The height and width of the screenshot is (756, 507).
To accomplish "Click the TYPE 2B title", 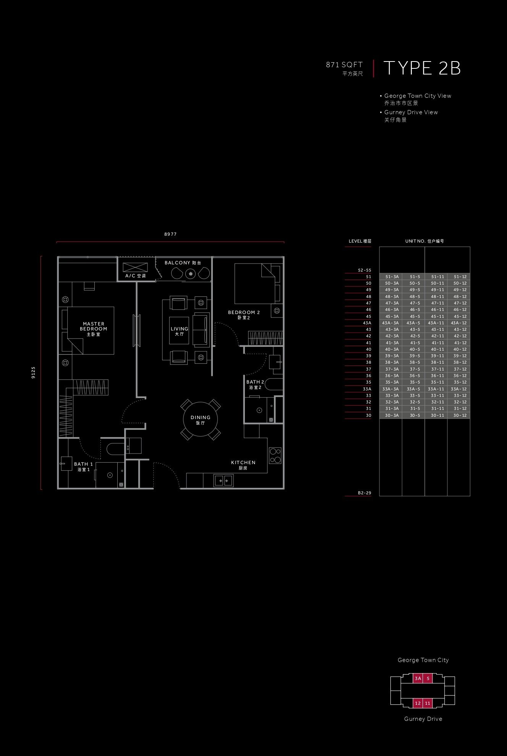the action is point(422,68).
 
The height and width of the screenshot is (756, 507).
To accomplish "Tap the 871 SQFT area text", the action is point(344,65).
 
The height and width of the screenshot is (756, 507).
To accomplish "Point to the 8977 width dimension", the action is point(170,234).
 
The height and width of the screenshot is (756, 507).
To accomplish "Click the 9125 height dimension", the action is point(33,372).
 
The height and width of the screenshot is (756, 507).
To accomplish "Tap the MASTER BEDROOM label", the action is point(94,326).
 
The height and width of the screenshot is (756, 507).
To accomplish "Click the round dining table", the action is point(201,419).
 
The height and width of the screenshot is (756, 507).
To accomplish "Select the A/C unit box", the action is point(135,267).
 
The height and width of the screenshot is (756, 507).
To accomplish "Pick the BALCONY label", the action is point(177,263).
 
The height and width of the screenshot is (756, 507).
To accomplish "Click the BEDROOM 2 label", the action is point(244,312).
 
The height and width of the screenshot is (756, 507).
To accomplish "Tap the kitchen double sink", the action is point(224,480).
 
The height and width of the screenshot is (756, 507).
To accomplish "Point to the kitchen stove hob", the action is point(275,455).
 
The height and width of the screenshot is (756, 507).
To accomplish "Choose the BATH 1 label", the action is point(83,464).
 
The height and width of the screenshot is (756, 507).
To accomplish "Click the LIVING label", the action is point(179,329).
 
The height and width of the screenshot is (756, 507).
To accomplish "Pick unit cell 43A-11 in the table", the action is point(436,323).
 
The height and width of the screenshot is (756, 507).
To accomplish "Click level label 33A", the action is point(367,389).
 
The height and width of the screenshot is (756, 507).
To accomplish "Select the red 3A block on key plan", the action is point(418,678).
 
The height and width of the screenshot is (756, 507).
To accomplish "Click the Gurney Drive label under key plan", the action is point(423,719).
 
